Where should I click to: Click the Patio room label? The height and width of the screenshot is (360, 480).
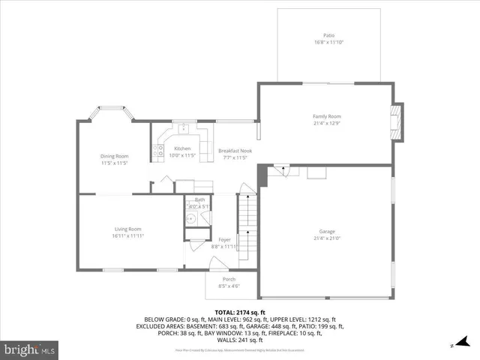click(328, 35)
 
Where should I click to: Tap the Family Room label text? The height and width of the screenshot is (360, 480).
click(327, 116)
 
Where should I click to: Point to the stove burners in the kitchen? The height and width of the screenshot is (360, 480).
click(160, 151)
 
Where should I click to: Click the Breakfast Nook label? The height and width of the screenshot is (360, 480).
click(235, 151)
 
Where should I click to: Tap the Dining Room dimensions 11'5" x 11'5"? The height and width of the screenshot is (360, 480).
click(115, 163)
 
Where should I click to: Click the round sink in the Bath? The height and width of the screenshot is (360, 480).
click(191, 219)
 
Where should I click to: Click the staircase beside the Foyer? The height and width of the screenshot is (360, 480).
click(247, 217)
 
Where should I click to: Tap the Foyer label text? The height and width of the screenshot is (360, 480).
click(224, 239)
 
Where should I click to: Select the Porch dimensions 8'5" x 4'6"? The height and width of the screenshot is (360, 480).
click(228, 286)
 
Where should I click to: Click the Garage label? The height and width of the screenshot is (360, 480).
click(327, 232)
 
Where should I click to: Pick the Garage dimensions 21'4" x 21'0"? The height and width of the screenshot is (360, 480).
click(327, 238)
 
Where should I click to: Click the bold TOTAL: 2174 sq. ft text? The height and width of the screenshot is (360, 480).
click(239, 312)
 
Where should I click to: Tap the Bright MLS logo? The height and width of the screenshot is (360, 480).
click(30, 349)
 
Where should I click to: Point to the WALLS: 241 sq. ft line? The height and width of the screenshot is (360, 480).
click(240, 339)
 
